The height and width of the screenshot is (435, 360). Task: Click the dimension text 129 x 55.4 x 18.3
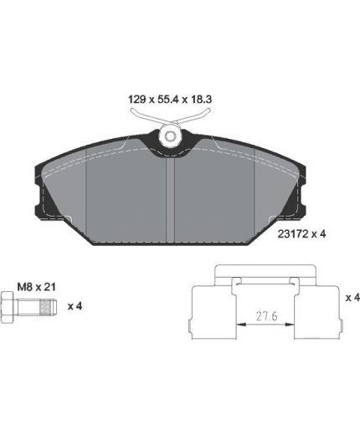pyautogui.click(x=170, y=99)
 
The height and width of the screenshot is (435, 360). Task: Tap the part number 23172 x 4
pyautogui.click(x=301, y=233)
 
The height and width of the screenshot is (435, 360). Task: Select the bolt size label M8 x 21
pyautogui.click(x=36, y=287)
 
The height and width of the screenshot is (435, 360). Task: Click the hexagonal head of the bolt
pyautogui.click(x=7, y=307)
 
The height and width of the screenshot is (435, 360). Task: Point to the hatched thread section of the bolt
pyautogui.click(x=46, y=307)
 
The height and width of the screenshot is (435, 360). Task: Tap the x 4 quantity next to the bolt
pyautogui.click(x=75, y=306)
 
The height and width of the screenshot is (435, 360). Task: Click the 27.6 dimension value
pyautogui.click(x=266, y=316)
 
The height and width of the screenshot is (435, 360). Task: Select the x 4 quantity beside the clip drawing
pyautogui.click(x=352, y=298)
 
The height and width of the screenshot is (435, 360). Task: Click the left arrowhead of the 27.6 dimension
pyautogui.click(x=240, y=325)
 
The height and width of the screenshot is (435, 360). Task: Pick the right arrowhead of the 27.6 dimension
pyautogui.click(x=290, y=325)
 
